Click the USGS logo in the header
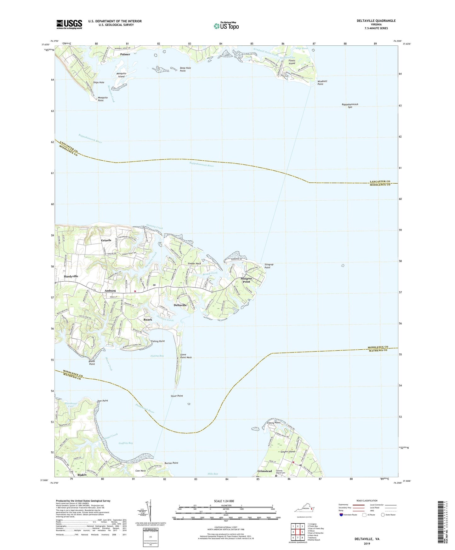(69, 24)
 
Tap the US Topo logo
(226, 26)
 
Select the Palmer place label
(125, 54)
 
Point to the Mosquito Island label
(122, 75)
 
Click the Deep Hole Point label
(185, 69)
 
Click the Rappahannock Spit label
(350, 106)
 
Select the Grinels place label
(106, 240)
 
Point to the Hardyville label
(71, 276)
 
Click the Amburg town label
(110, 291)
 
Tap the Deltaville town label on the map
(180, 305)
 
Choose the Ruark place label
(148, 319)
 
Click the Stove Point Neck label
(186, 356)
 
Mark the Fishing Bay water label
(157, 356)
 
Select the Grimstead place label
(264, 471)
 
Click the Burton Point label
(171, 463)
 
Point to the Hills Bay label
(213, 474)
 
